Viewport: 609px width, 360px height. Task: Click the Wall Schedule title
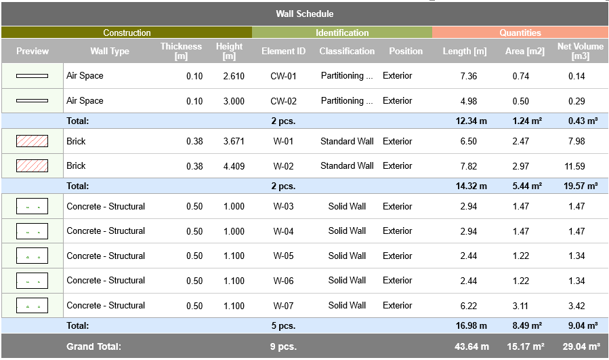coord(304,14)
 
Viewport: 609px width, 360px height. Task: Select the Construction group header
coord(127,33)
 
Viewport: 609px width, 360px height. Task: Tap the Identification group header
coord(342,33)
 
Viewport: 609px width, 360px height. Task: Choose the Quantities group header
coord(520,33)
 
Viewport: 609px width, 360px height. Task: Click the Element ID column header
coord(283,51)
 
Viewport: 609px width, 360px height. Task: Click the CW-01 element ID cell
coord(283,76)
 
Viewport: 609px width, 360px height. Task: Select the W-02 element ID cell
coord(283,166)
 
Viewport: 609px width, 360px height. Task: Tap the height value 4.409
coord(233,166)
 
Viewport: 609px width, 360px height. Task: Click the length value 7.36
coord(469,76)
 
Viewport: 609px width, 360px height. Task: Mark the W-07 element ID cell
coord(283,306)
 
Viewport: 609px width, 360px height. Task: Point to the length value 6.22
coord(469,306)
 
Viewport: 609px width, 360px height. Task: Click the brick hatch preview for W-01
coord(32,141)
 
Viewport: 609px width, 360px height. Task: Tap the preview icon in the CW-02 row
coord(32,101)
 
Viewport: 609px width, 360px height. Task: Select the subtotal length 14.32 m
coord(471,186)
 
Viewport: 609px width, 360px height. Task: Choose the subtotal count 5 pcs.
coord(283,326)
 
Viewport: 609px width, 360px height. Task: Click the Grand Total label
coord(93,346)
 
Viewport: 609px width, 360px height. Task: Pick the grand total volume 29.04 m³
coord(580,346)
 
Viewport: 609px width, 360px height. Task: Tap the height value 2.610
coord(233,76)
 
